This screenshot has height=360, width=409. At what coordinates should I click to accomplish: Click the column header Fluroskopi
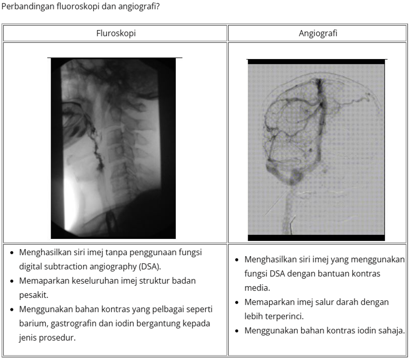115,33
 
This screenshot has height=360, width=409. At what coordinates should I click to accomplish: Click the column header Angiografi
318,33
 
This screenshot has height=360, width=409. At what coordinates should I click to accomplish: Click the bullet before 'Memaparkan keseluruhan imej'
12,281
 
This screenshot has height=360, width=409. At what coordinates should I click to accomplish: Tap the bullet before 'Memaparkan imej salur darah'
237,302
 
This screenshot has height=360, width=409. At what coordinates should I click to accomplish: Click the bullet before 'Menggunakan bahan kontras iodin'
237,330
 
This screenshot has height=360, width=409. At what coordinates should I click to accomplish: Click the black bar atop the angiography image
315,62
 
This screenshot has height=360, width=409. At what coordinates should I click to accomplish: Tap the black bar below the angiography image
315,238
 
